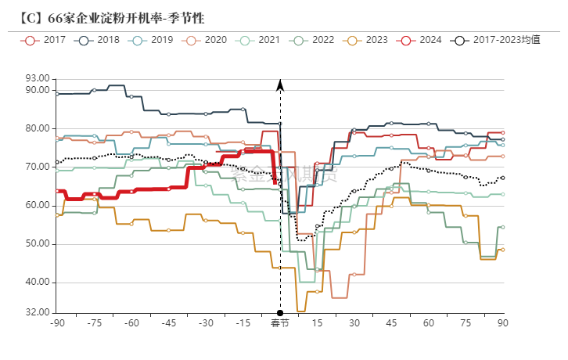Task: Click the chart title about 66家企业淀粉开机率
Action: (x=114, y=17)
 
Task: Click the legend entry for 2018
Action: (x=99, y=39)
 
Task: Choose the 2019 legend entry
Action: (x=153, y=39)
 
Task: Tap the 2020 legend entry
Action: (x=207, y=39)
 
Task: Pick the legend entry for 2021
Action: (x=260, y=39)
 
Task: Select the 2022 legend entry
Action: (x=313, y=39)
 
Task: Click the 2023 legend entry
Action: (x=367, y=39)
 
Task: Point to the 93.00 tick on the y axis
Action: (x=37, y=78)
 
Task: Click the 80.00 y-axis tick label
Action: (x=37, y=128)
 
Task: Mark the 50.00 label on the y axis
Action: (x=37, y=244)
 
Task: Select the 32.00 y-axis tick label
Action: (x=37, y=312)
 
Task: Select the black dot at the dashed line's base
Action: (x=280, y=313)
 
